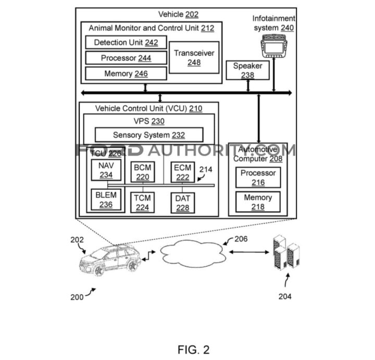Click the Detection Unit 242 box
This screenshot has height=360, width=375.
point(126,43)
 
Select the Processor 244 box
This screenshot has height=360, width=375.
point(126,58)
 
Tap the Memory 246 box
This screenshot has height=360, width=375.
point(126,74)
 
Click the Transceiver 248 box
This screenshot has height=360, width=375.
point(194,58)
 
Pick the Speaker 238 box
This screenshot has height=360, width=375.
point(247,70)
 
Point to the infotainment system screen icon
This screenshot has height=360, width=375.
point(274,47)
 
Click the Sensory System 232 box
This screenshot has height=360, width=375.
point(149,135)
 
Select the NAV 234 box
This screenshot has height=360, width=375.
point(106,170)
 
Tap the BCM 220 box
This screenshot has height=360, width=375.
point(142,172)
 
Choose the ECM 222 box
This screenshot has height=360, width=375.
point(182,172)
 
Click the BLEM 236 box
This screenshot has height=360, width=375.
point(106,200)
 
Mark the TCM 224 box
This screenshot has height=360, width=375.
point(142,202)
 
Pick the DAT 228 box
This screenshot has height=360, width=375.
point(182,202)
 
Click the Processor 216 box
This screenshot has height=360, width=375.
point(258,178)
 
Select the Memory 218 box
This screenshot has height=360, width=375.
point(258,202)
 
